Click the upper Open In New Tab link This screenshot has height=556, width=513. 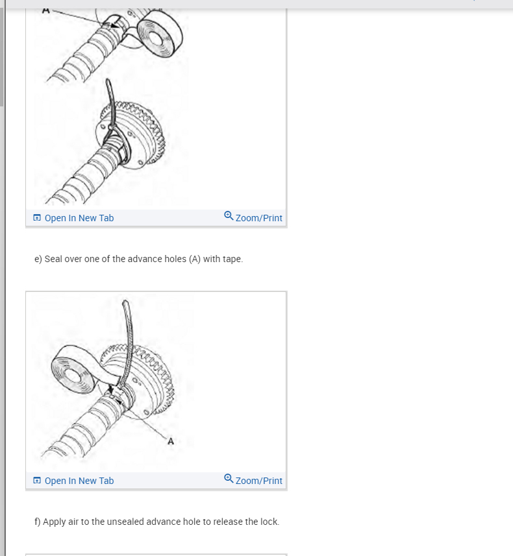coord(79,218)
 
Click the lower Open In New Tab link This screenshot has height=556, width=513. coord(79,481)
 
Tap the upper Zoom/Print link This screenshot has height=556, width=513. coord(259,218)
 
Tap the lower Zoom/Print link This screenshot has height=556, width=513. coord(259,481)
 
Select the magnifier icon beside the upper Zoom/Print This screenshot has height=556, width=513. coord(229,216)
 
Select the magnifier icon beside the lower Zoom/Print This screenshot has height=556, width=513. coord(229,479)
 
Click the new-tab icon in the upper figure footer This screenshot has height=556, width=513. coord(37,218)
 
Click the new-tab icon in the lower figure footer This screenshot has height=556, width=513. coord(37,481)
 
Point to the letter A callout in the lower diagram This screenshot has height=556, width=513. coord(171,441)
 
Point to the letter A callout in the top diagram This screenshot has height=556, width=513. coord(46,11)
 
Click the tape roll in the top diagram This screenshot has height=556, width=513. coord(160,33)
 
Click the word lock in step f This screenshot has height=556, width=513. coord(269,522)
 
